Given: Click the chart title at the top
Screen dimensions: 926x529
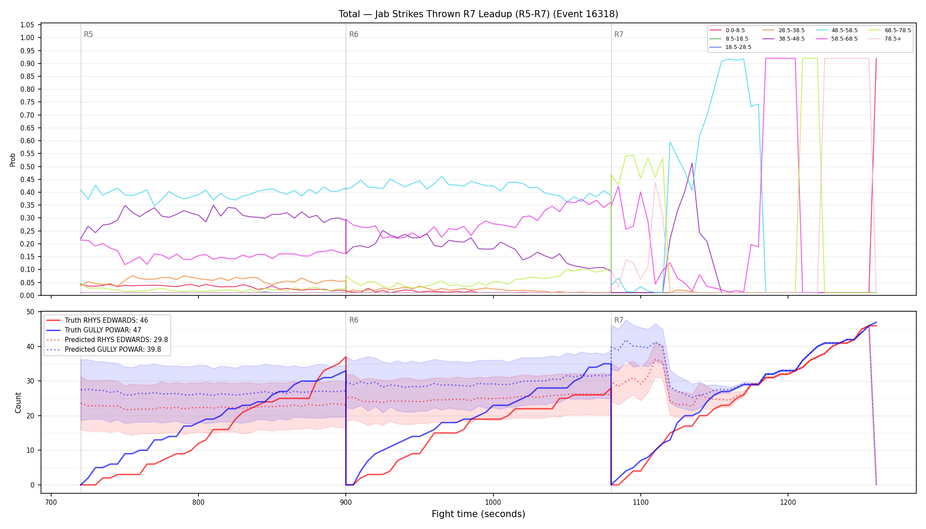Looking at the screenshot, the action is [x=478, y=14].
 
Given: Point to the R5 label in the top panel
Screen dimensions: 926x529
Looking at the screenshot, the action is [x=88, y=34].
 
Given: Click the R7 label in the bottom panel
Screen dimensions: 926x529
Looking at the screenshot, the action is [x=619, y=320].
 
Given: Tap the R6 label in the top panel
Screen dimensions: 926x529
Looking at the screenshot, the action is [x=354, y=34].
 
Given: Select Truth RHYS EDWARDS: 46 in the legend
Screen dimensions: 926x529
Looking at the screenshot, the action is [x=106, y=320].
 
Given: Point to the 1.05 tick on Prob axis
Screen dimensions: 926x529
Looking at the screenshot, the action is [x=27, y=25].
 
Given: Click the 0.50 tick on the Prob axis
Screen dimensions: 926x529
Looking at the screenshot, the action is [x=27, y=167].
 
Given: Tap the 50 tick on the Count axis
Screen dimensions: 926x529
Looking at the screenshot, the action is [x=30, y=312].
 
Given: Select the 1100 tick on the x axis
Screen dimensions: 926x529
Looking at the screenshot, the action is [x=640, y=502].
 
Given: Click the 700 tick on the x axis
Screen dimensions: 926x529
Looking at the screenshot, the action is [x=51, y=502].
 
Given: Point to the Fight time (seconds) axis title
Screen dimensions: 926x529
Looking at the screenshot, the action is [x=478, y=514].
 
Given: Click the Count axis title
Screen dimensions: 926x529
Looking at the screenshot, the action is [x=18, y=402].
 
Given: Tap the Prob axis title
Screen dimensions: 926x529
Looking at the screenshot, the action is [x=12, y=160].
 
